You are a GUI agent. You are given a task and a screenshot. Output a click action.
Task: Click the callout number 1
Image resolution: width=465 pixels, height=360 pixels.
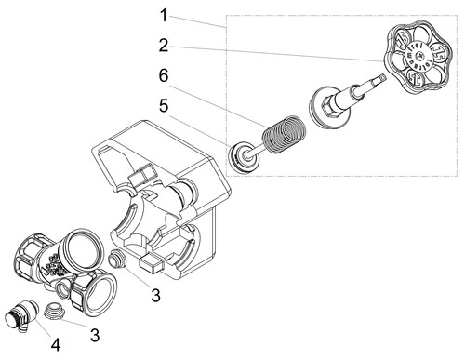point(164,16)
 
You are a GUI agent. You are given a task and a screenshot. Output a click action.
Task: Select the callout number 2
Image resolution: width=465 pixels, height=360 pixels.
point(164,46)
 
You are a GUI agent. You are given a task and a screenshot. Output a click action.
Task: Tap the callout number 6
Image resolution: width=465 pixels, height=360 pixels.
point(164,75)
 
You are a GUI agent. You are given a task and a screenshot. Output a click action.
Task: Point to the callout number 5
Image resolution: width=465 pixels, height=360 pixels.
point(164,106)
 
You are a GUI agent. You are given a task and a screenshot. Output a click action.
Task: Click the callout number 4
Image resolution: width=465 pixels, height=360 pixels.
point(56,344)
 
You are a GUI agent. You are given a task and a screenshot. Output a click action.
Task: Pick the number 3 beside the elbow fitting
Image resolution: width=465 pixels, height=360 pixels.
point(95,335)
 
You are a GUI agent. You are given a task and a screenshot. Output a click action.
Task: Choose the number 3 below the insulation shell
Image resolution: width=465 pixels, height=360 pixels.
point(155,295)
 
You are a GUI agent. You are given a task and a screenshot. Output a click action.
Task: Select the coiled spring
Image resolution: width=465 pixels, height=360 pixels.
point(285,135)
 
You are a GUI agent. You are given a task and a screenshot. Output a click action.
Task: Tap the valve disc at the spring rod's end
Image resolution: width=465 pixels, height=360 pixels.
point(244,157)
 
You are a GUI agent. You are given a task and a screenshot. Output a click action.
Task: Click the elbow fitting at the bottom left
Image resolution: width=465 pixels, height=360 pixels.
point(21,315)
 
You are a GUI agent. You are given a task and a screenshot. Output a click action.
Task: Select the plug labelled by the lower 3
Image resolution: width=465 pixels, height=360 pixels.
point(53,310)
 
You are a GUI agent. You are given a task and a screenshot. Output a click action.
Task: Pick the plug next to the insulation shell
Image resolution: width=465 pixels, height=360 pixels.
point(117,258)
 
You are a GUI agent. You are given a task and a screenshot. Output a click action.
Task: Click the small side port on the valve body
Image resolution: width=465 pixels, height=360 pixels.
point(62,290)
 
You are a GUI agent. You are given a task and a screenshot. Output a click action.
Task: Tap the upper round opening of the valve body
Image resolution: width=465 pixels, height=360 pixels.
point(83,247)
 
